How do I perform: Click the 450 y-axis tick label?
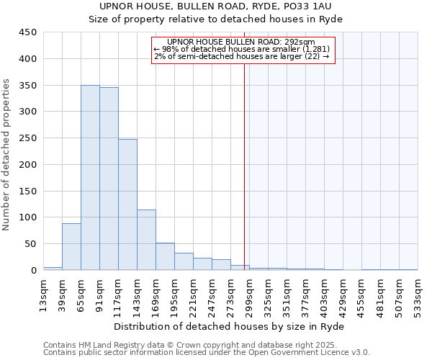pos(27,32)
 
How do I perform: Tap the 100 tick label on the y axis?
pos(27,217)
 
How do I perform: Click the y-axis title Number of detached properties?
pos(7,155)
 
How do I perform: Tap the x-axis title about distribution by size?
pos(230,326)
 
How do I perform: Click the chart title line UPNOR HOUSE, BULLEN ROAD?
pos(215,6)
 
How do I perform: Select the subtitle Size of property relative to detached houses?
pos(215,19)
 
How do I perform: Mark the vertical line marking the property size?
pos(245,166)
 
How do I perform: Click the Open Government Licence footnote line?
pos(207,352)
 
